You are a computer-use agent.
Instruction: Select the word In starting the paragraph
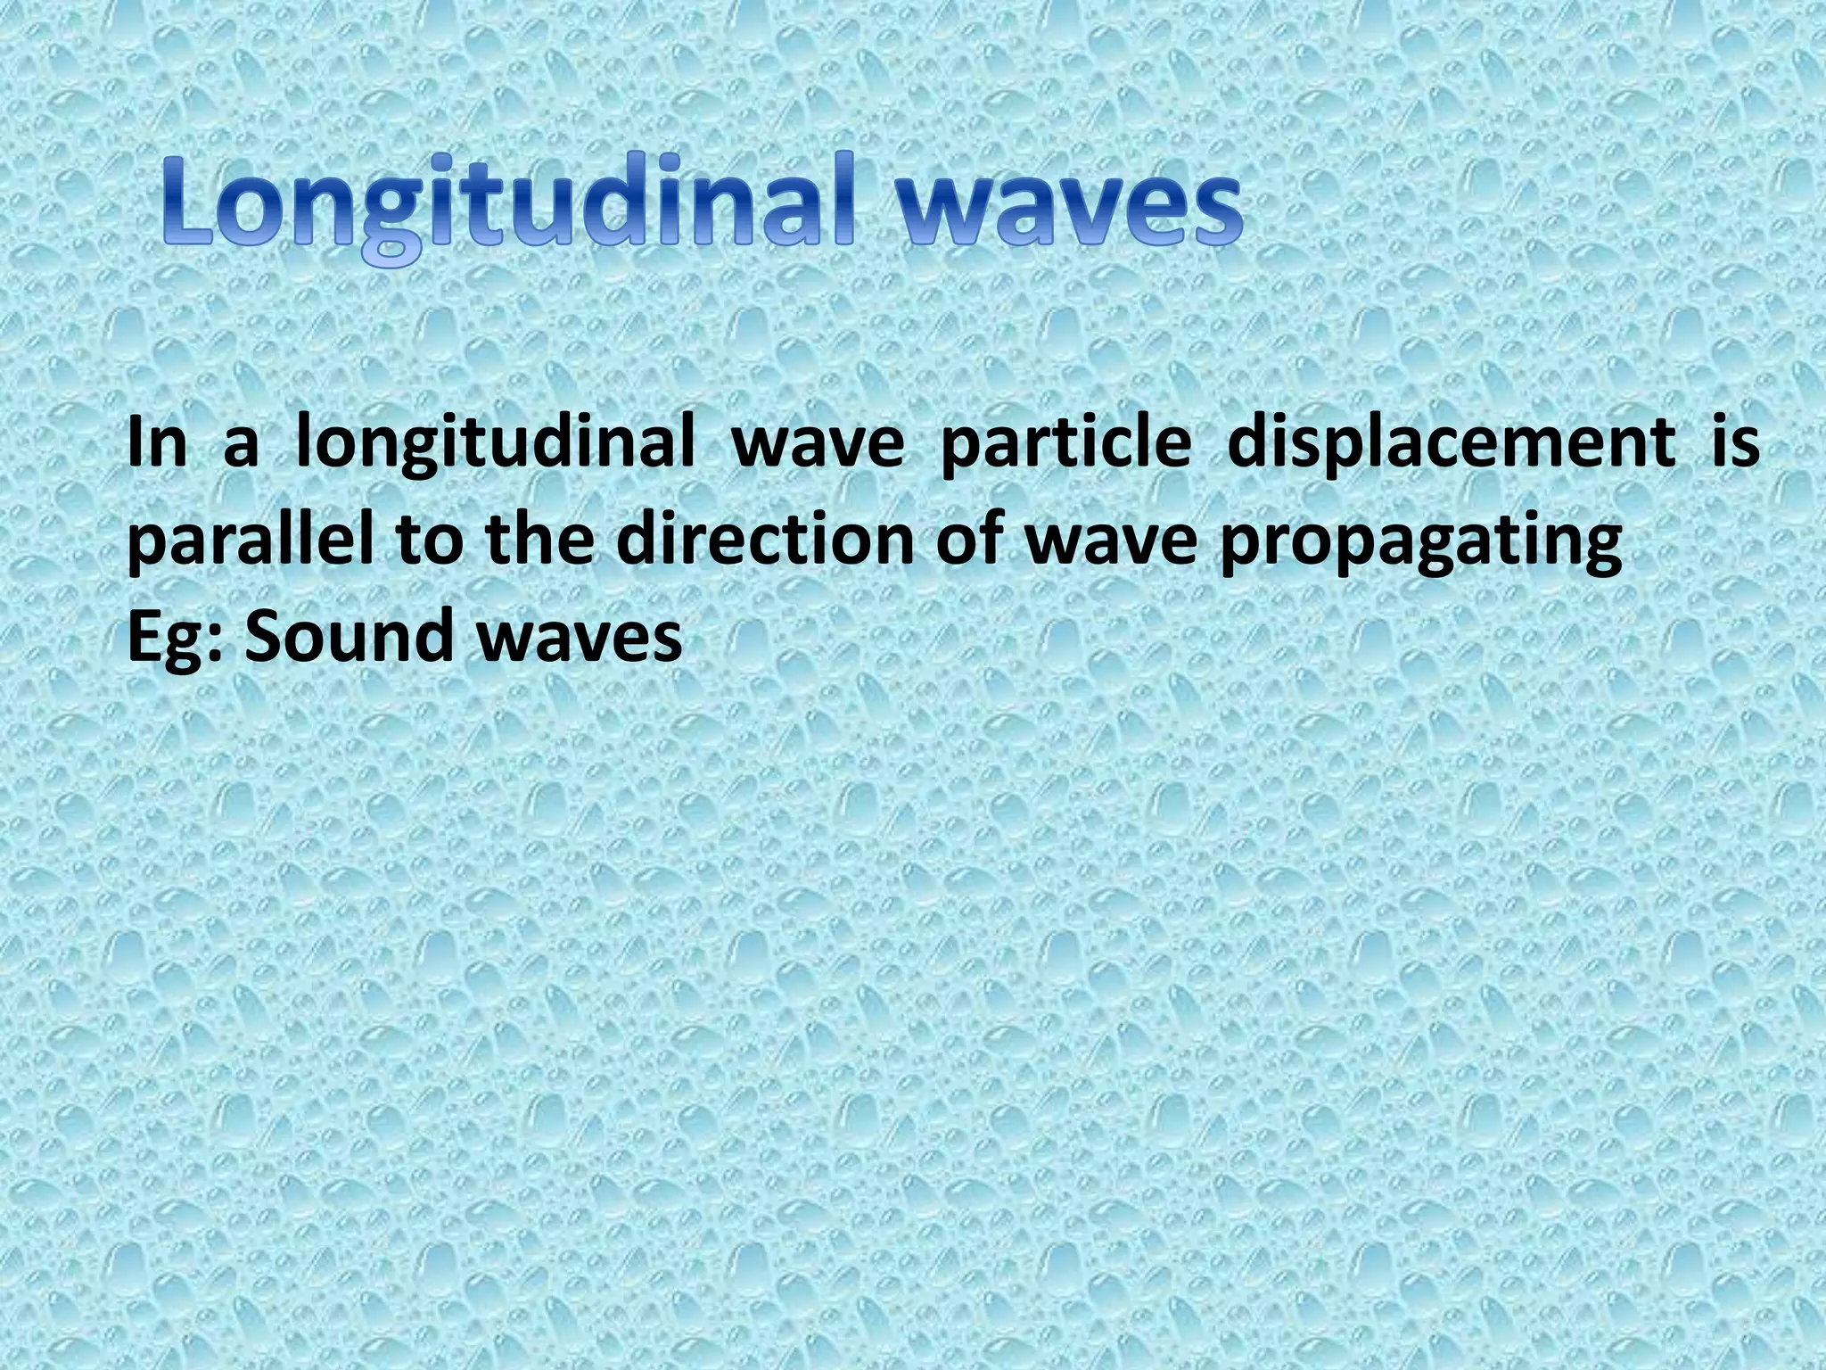point(157,443)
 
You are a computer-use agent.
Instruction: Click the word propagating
point(1420,544)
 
